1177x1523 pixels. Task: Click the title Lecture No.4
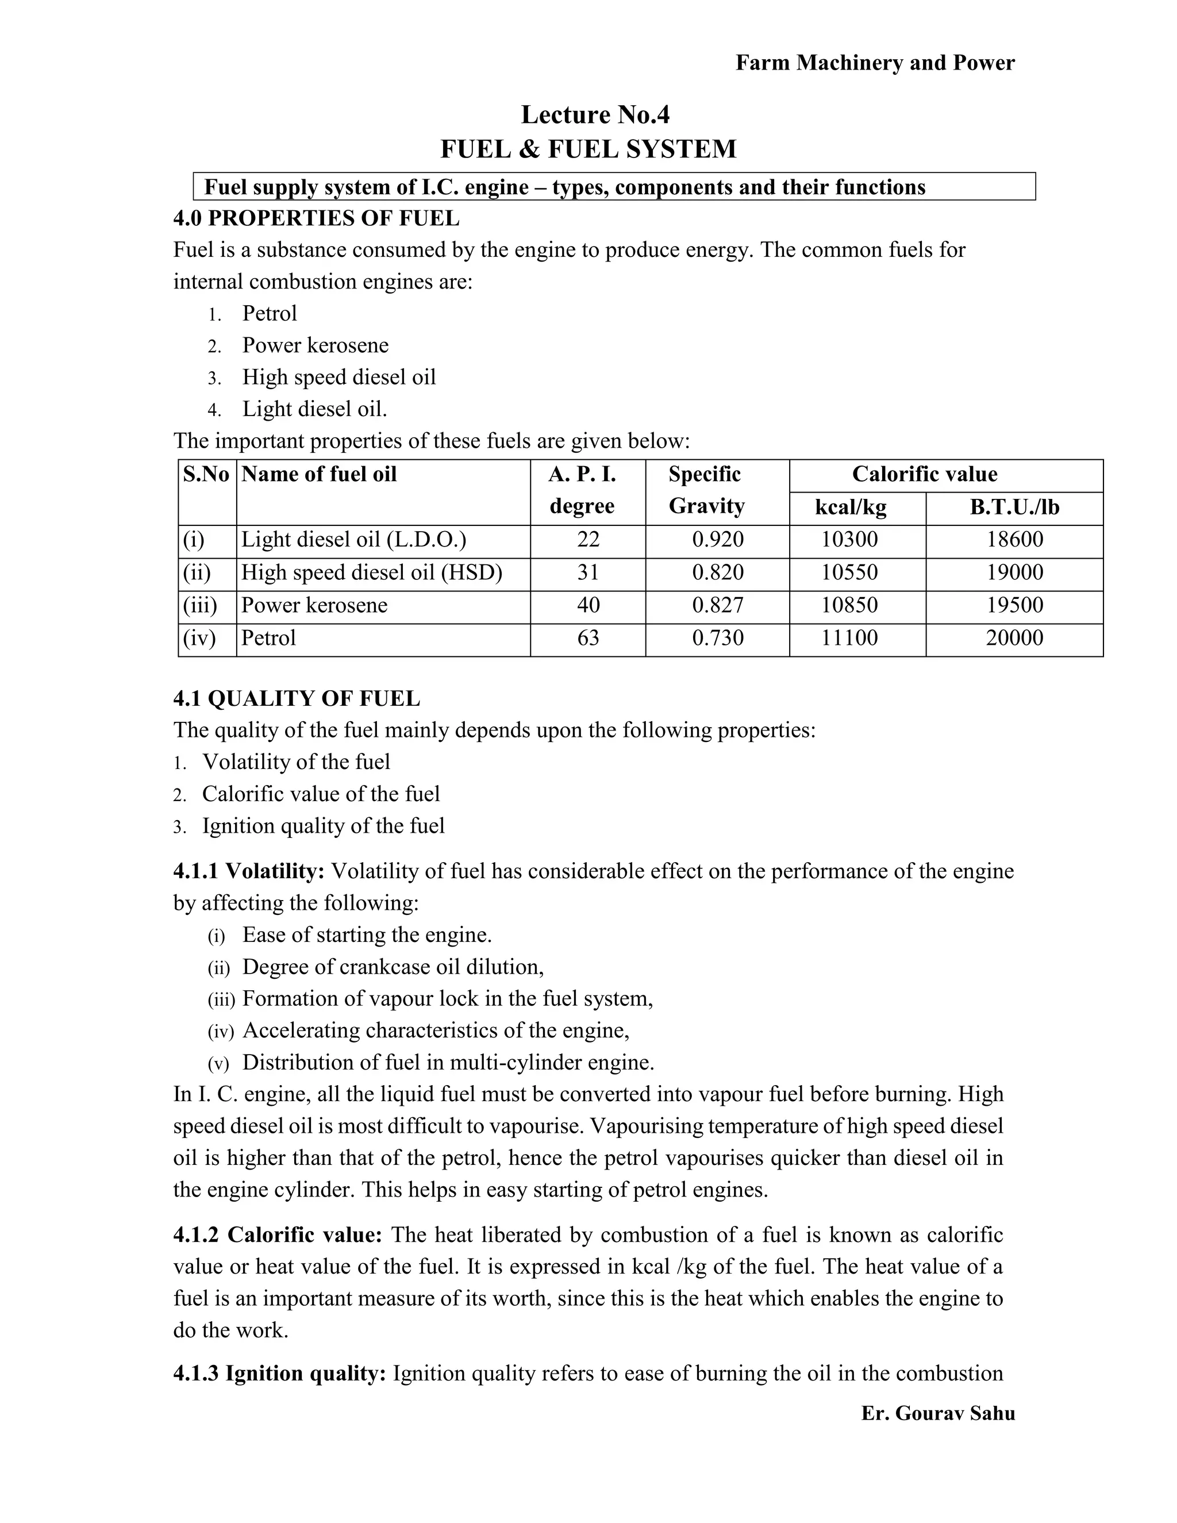595,114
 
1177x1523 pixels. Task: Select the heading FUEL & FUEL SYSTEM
588,149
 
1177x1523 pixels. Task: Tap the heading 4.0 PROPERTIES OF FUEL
316,218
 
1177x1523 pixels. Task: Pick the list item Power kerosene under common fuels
315,345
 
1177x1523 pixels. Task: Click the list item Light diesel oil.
314,409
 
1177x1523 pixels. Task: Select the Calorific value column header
924,474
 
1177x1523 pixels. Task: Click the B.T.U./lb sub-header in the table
1014,507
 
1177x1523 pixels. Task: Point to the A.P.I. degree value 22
588,539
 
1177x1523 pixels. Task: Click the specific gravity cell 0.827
717,605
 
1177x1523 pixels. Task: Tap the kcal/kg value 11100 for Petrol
849,637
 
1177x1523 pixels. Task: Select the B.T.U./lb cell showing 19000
1014,572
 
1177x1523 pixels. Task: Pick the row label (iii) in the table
200,605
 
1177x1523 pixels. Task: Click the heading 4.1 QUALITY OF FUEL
297,698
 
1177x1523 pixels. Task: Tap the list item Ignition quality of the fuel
323,826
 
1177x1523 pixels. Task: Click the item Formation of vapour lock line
447,999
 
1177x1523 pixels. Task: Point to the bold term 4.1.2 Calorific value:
278,1235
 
